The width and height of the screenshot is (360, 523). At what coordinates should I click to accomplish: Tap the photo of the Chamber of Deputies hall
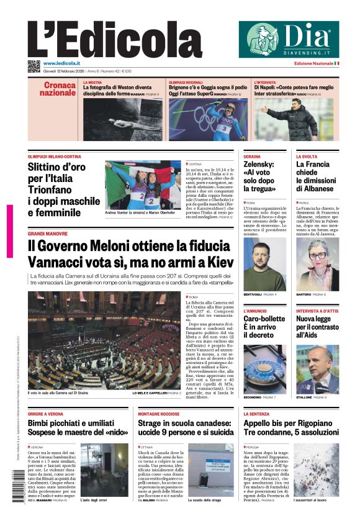(x=104, y=341)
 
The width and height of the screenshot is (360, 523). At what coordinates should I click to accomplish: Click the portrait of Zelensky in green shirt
(x=264, y=264)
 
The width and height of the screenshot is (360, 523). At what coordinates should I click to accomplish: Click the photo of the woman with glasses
(x=317, y=264)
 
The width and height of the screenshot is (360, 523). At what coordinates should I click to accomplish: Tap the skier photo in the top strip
(x=207, y=119)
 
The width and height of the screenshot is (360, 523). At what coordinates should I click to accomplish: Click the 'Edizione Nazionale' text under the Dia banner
(x=313, y=63)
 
